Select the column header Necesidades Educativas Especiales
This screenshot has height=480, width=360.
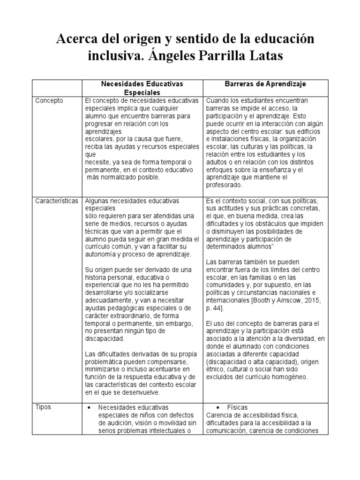point(142,88)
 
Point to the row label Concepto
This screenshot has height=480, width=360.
point(50,100)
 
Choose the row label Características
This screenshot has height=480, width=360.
point(57,201)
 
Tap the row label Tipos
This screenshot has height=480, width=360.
point(44,407)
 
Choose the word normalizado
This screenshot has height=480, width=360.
point(119,178)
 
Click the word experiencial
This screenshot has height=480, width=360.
point(105,285)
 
